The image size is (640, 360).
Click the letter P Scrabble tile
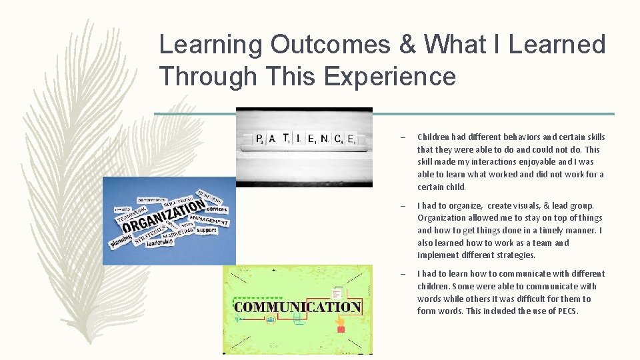tap(259, 139)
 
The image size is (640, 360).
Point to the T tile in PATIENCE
tap(286, 138)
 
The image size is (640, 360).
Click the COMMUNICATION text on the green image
tap(297, 307)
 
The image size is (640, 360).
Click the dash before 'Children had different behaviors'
tap(403, 137)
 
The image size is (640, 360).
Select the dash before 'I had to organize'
tap(403, 206)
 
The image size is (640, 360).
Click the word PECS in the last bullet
tap(567, 311)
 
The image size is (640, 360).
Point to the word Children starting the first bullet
tap(433, 137)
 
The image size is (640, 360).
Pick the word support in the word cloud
tap(207, 231)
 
